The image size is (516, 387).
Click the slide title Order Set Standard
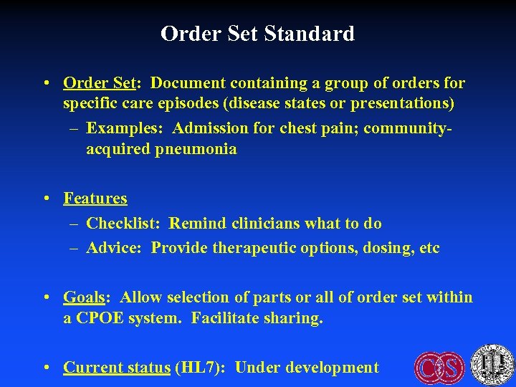click(257, 34)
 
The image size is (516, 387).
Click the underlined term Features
click(95, 198)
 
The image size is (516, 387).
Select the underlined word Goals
click(84, 297)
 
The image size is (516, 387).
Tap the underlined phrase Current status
click(117, 368)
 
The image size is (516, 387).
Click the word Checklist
click(125, 223)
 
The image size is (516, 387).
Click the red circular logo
click(439, 367)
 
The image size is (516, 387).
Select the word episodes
click(183, 103)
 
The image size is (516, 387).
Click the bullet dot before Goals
click(46, 297)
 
